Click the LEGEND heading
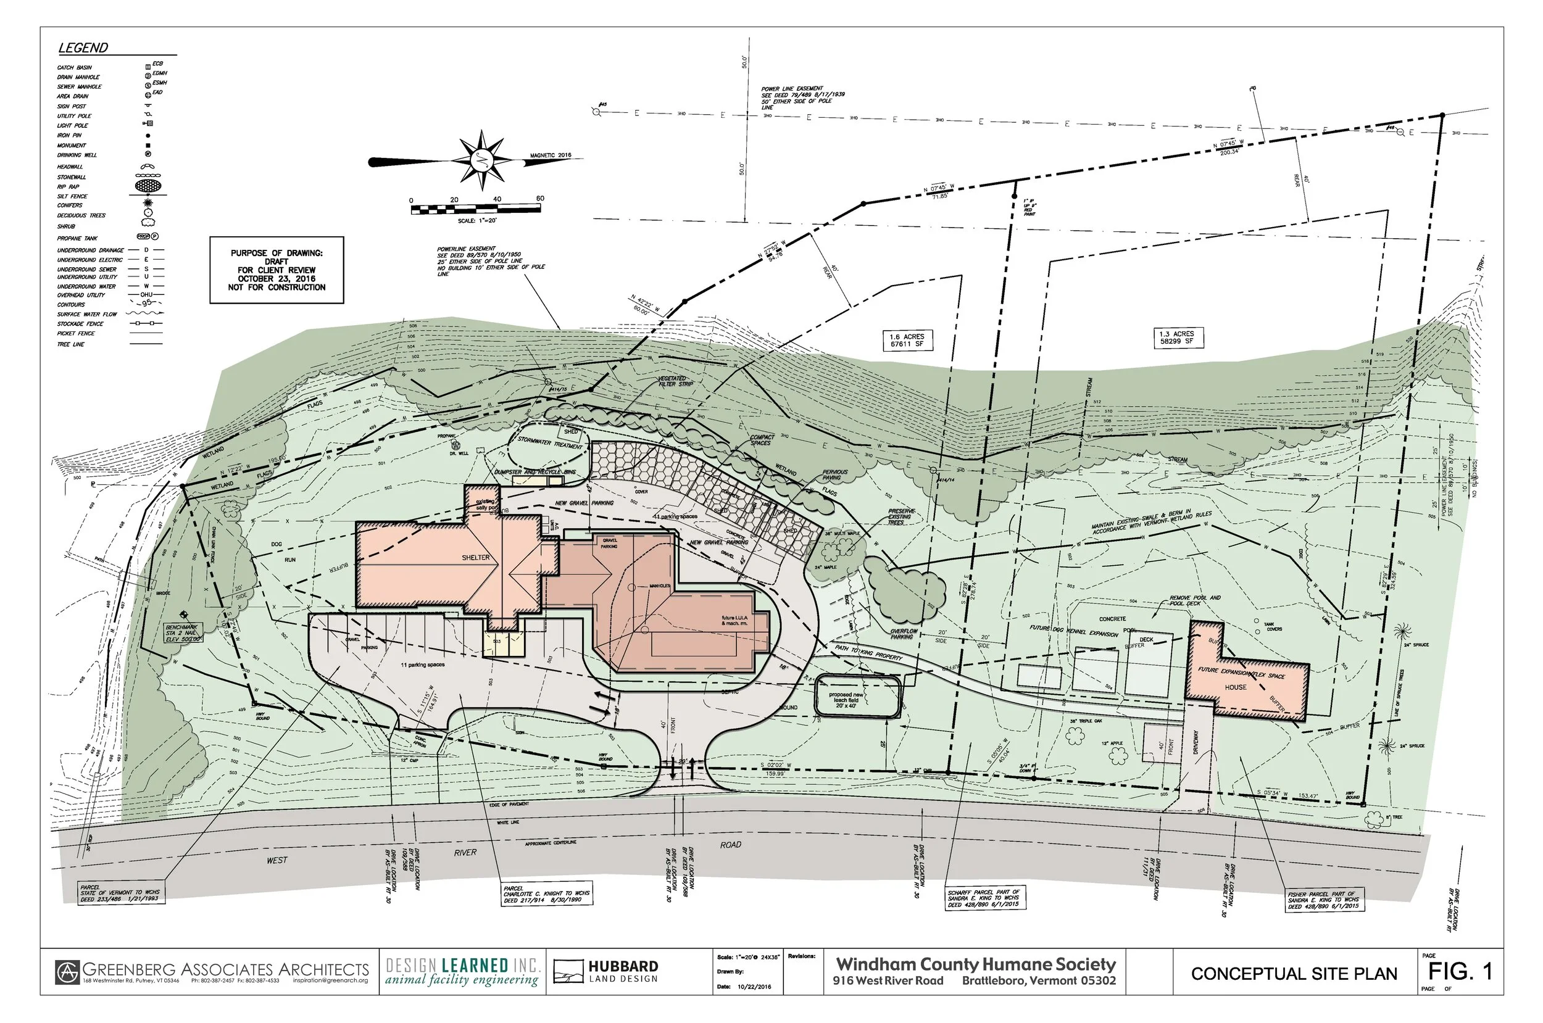click(83, 48)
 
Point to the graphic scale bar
click(476, 209)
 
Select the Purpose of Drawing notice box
click(276, 270)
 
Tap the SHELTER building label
click(475, 557)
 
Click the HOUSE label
click(1235, 687)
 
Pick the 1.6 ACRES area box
click(906, 340)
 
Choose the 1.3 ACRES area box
click(1176, 338)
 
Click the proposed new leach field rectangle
click(857, 697)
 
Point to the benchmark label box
click(183, 632)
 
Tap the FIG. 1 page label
click(1461, 971)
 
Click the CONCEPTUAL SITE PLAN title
click(1294, 974)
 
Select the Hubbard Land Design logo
click(605, 971)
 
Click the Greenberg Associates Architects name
click(225, 969)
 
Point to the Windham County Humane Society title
click(975, 964)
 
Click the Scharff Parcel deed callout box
click(984, 898)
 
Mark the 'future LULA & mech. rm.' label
click(734, 620)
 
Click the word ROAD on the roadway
click(730, 844)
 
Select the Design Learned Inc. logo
click(462, 971)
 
